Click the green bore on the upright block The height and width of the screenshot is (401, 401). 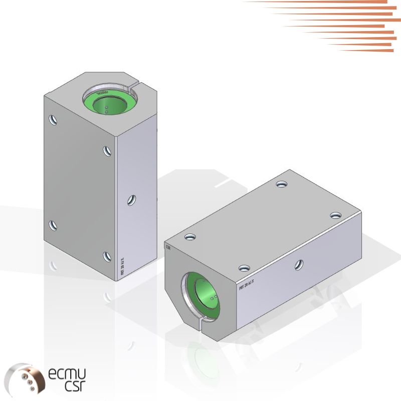click(x=107, y=102)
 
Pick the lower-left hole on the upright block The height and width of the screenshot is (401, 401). click(x=53, y=226)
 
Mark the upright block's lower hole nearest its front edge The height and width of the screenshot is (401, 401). click(x=107, y=256)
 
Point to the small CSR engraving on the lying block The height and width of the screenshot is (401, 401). click(x=168, y=247)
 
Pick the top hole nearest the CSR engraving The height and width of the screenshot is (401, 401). click(x=189, y=236)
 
